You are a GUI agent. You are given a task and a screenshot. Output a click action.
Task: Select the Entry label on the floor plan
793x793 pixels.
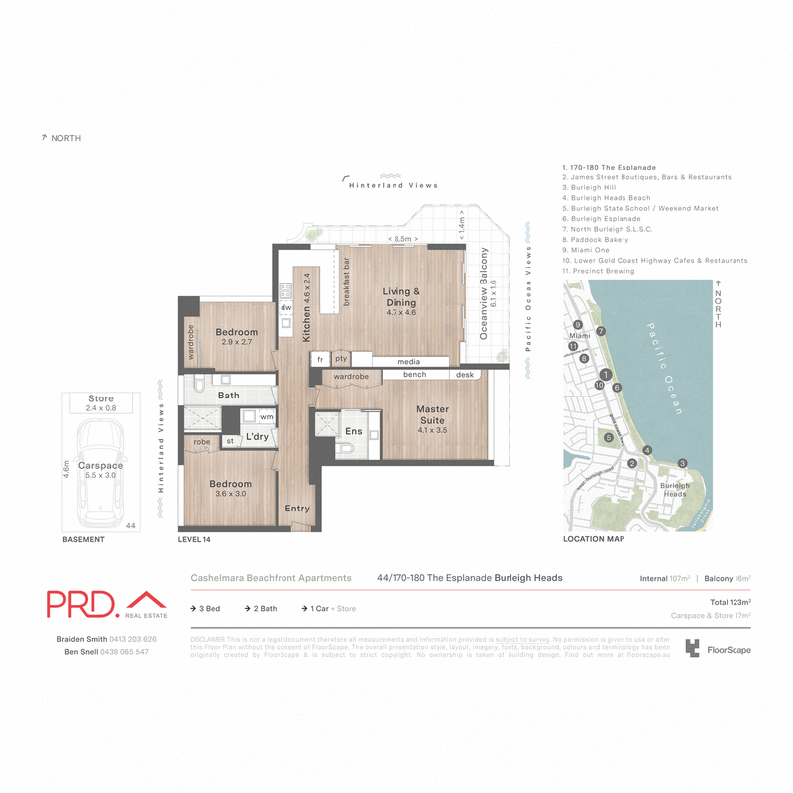point(297,509)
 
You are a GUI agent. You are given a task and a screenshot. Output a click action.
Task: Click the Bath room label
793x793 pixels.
point(229,396)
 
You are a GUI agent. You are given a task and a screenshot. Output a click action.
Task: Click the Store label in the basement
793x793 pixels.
point(101,398)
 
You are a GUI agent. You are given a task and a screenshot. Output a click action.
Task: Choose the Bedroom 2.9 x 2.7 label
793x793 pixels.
point(237,338)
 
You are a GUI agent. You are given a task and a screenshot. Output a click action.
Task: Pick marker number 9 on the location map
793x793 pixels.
point(577,325)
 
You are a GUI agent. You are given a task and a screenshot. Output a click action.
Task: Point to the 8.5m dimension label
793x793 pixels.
point(402,239)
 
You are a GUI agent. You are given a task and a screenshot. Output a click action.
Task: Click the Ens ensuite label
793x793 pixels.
point(354,432)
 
